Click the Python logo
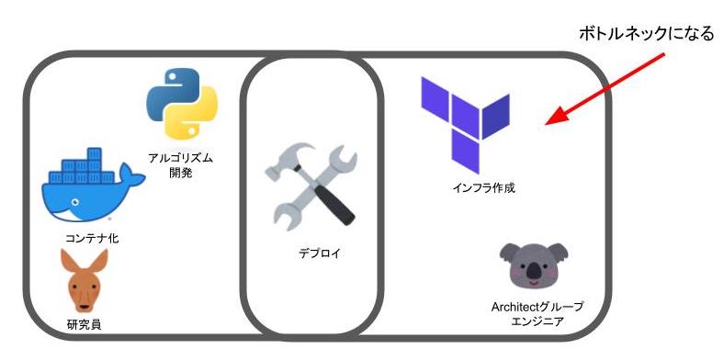[x=182, y=104]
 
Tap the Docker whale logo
[x=93, y=185]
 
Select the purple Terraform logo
[x=465, y=125]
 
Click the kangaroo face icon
[x=85, y=281]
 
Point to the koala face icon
[x=534, y=265]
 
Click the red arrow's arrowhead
[x=556, y=117]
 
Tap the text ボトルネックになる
[x=647, y=34]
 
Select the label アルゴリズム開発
[x=180, y=165]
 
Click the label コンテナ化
[x=92, y=239]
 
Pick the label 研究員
[x=84, y=324]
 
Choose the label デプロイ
[x=319, y=253]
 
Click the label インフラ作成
[x=483, y=188]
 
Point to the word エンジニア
[x=537, y=321]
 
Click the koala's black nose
[x=534, y=271]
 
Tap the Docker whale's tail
[x=133, y=175]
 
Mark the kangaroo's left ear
[x=68, y=260]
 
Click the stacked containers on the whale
[x=82, y=165]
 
